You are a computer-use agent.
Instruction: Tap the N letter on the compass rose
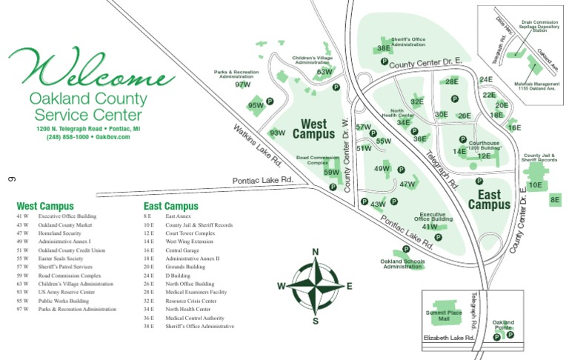click(316, 252)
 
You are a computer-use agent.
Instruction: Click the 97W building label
click(243, 84)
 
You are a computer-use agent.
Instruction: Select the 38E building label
click(384, 48)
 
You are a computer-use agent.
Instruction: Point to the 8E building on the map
click(556, 199)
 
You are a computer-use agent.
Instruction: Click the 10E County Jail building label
click(536, 185)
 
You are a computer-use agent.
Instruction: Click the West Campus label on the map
click(314, 129)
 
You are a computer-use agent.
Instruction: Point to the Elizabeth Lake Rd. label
click(448, 338)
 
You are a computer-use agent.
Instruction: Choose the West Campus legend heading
click(45, 206)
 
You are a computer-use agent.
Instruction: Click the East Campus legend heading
click(171, 206)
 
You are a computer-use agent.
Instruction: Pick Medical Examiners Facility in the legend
click(196, 292)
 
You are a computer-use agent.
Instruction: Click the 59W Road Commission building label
click(332, 173)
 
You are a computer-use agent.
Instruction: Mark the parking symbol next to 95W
click(270, 101)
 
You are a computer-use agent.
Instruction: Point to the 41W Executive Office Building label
click(430, 227)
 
